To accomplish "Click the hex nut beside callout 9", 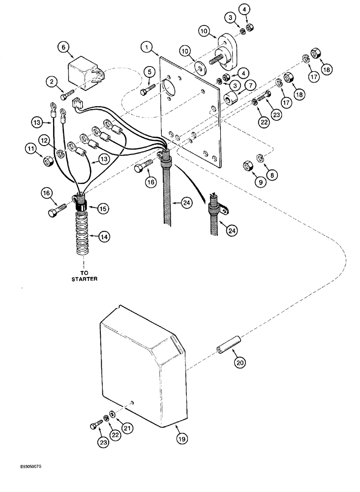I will [x=247, y=168].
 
